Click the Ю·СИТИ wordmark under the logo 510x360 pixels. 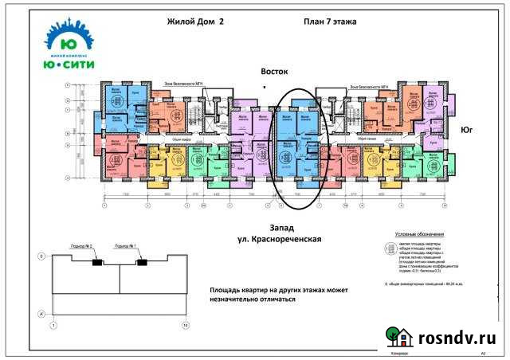click(x=67, y=65)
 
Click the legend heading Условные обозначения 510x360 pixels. click(x=420, y=234)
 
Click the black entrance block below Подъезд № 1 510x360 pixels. click(x=141, y=262)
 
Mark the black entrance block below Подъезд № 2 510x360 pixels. click(x=96, y=262)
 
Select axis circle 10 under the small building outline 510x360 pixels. click(x=186, y=325)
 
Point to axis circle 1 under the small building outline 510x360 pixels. click(x=53, y=325)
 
